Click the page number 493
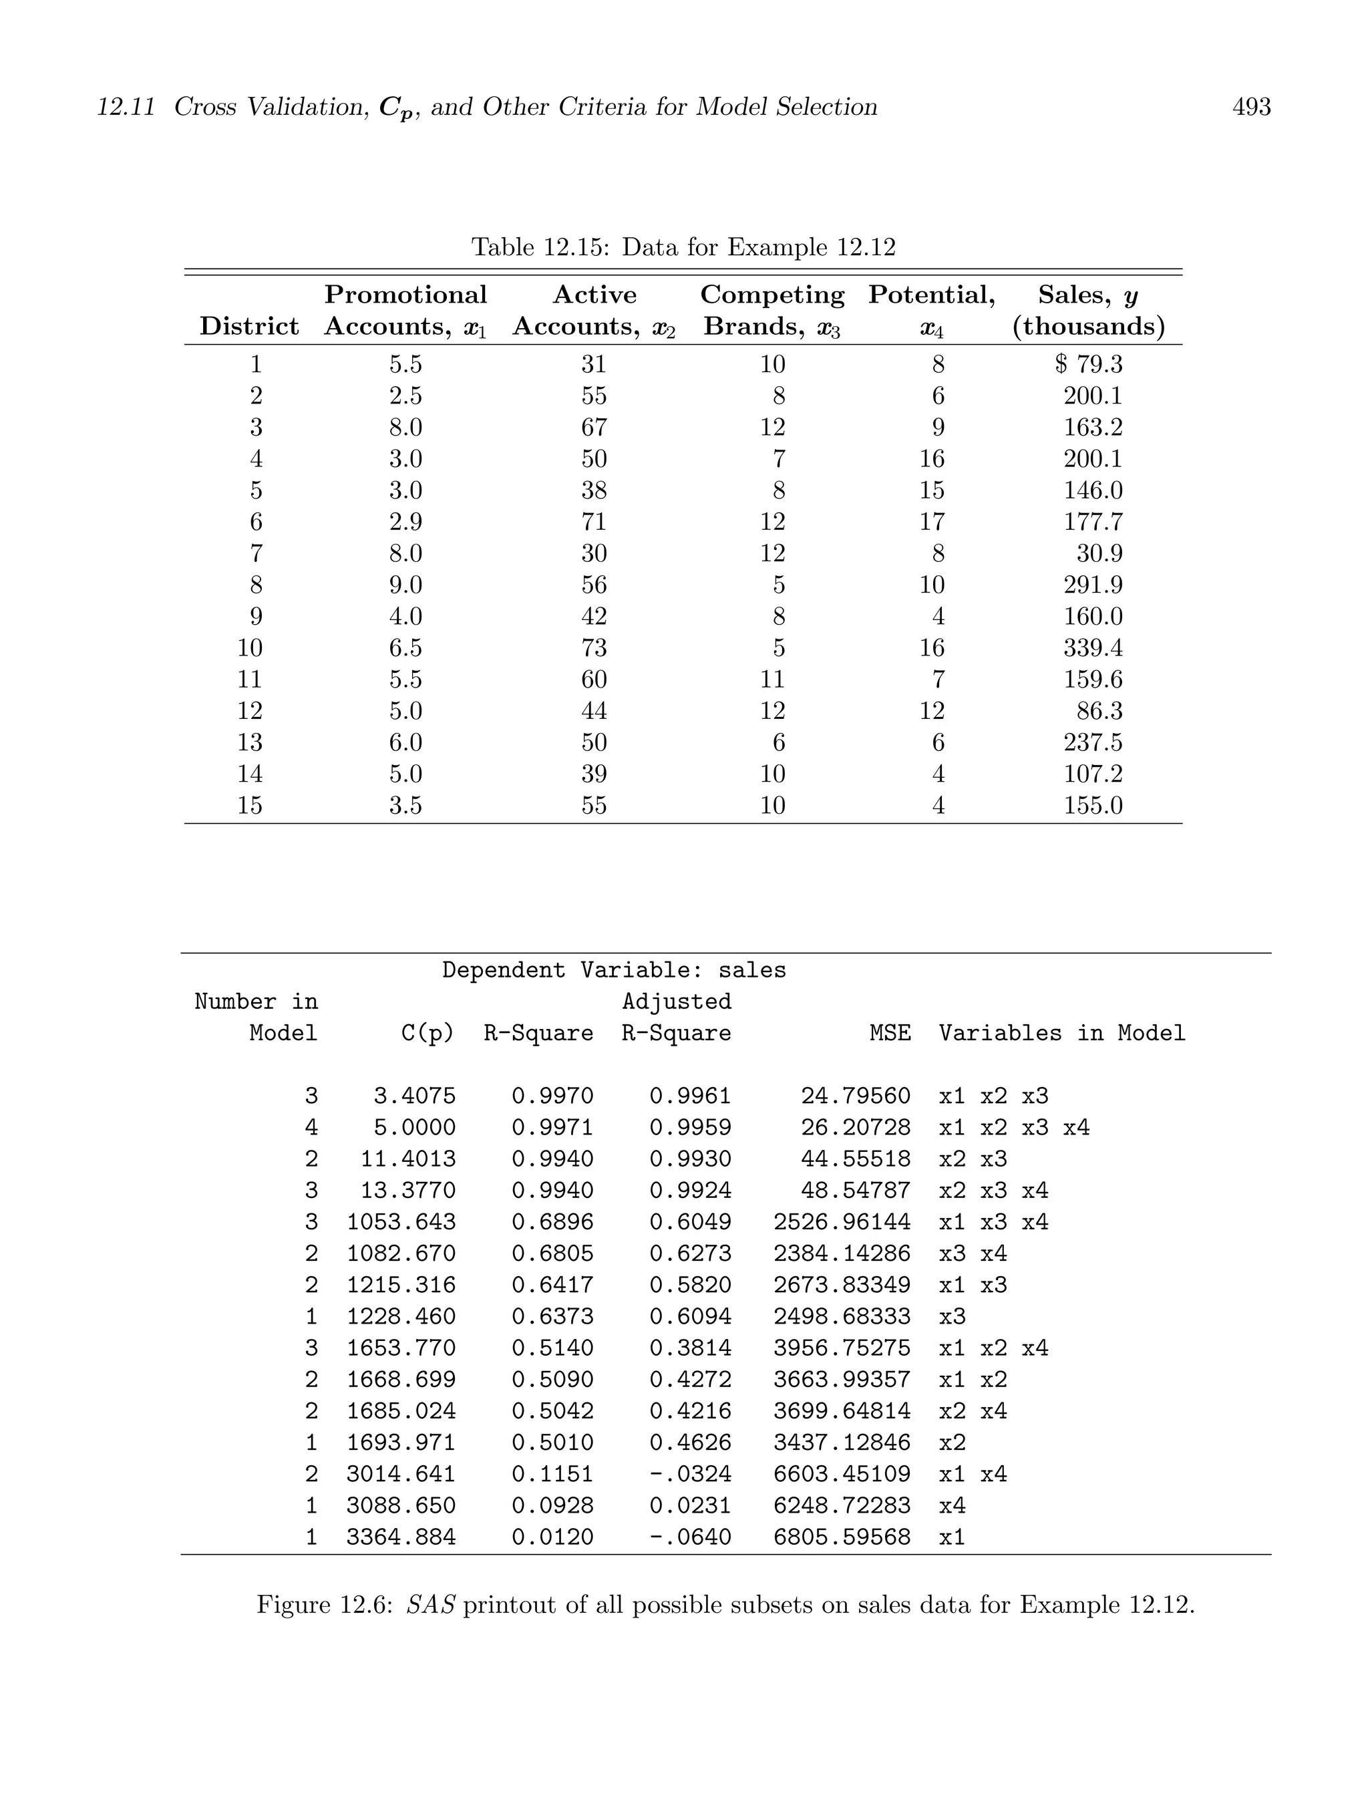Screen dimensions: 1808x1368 [1250, 107]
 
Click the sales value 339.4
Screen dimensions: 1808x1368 [1093, 648]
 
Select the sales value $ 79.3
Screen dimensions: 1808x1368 [1089, 365]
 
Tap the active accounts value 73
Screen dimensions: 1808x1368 [594, 648]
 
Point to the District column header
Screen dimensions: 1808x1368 [249, 326]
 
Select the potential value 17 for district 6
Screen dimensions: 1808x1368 [932, 522]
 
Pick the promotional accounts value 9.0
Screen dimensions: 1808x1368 [405, 585]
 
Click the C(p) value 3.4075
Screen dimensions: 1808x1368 [414, 1096]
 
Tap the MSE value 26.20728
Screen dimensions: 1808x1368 [855, 1128]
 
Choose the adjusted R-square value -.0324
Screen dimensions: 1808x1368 [691, 1475]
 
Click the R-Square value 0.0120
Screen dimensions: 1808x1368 [552, 1537]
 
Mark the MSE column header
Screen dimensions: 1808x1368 [890, 1033]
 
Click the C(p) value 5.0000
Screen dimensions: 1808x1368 [414, 1128]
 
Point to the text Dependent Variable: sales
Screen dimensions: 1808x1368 [614, 970]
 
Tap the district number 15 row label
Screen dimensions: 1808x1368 [249, 806]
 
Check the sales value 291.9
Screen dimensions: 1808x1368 [1093, 585]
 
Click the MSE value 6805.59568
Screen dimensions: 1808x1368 [842, 1537]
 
